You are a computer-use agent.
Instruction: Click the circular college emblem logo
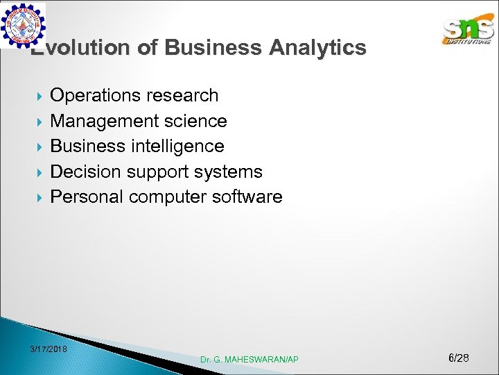[23, 26]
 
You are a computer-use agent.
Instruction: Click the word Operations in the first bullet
[96, 96]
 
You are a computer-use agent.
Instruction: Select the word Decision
[85, 172]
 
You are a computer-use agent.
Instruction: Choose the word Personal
[87, 197]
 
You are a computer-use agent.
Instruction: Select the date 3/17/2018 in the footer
[49, 349]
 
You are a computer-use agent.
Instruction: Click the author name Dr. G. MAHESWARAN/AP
[249, 360]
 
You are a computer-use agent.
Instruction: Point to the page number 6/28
[459, 358]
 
